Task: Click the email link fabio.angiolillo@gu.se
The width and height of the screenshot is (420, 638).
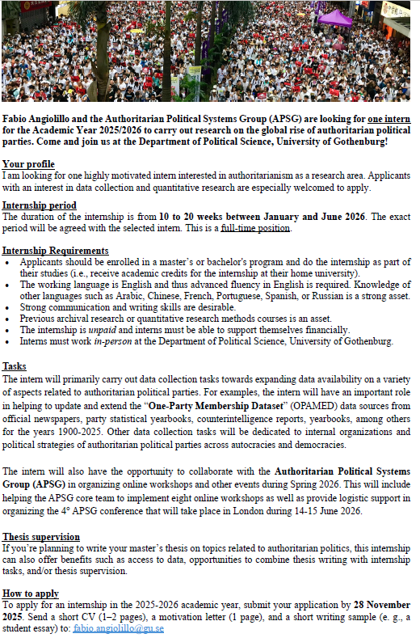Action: click(118, 627)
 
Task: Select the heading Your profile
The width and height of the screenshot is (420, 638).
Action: click(28, 164)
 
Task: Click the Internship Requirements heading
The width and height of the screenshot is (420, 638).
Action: click(55, 251)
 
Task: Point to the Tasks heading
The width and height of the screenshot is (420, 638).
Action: click(14, 366)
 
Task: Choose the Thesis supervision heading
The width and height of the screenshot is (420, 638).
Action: click(40, 537)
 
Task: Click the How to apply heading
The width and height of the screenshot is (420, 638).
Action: click(30, 593)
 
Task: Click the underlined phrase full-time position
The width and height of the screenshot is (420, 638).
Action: click(255, 228)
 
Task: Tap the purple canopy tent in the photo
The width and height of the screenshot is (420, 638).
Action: click(334, 18)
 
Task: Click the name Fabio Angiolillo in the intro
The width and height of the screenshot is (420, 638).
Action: click(38, 118)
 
